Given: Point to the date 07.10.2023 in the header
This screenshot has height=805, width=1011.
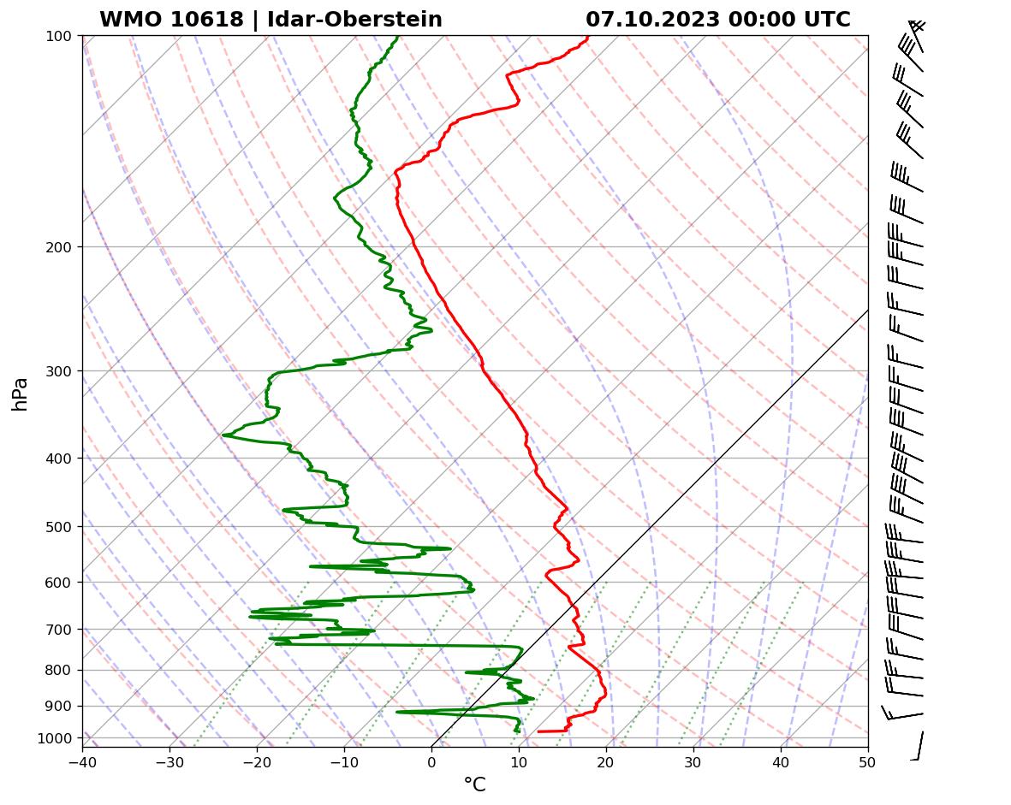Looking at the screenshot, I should click(x=652, y=20).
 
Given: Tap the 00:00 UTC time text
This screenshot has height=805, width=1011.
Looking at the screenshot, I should click(x=789, y=20).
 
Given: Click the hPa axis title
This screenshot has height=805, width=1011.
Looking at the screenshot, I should click(x=20, y=394).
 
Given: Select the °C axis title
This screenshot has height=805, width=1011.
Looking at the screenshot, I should click(x=474, y=784).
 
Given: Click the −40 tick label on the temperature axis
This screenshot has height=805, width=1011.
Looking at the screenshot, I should click(x=82, y=758).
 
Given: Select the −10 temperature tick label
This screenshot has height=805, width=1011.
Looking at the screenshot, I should click(x=344, y=758).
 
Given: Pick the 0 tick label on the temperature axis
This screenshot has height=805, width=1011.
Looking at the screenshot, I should click(x=431, y=758).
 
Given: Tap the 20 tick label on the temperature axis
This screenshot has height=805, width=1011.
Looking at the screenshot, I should click(x=606, y=758).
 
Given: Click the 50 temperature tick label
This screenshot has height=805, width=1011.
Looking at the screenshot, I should click(x=868, y=758).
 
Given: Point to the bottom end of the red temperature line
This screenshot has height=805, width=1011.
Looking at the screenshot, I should click(x=538, y=731).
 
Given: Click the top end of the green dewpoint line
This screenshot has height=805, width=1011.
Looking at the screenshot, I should click(x=397, y=37).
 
